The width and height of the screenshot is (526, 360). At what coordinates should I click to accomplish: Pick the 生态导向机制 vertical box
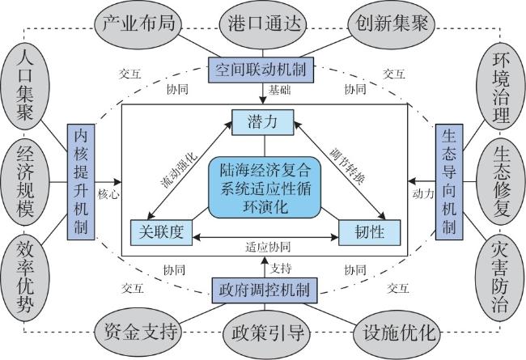click(448, 181)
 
